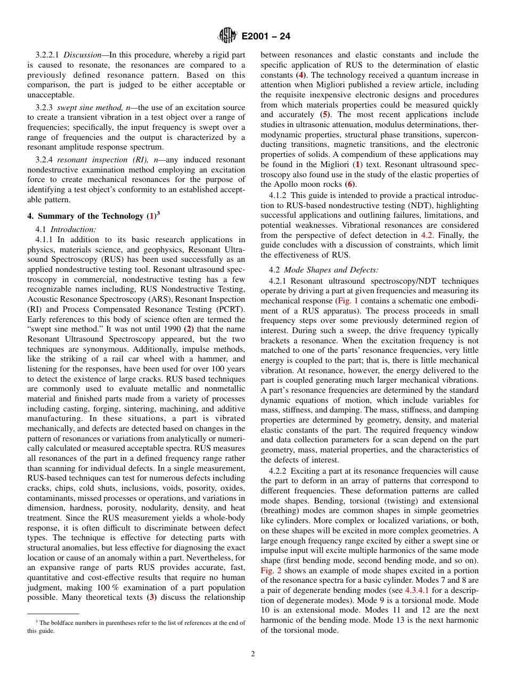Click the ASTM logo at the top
tap(227, 36)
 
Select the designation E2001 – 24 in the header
tap(266, 37)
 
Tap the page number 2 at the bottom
tap(253, 654)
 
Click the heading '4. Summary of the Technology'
tap(85, 216)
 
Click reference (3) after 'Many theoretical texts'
tap(151, 597)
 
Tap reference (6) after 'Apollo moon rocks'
tap(349, 184)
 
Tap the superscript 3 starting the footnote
tap(37, 621)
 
